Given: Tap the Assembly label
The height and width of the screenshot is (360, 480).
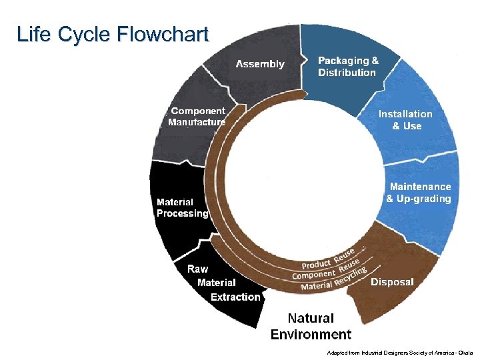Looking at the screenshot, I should [x=260, y=64].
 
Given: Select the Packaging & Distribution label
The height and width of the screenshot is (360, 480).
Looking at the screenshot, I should [x=347, y=66].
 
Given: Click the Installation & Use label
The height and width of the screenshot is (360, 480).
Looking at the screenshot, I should [x=405, y=120].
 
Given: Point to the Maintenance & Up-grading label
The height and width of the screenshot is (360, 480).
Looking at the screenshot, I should [x=419, y=193].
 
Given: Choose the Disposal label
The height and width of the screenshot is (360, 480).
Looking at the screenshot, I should [x=392, y=282].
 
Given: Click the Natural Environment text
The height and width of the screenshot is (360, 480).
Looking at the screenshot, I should [x=311, y=326].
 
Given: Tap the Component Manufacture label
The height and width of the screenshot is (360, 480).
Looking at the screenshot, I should [x=197, y=117].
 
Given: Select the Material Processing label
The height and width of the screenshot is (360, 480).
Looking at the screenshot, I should [x=182, y=207].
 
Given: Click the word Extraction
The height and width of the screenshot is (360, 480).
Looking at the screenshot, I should [x=235, y=297].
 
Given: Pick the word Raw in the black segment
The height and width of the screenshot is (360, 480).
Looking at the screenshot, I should [x=197, y=269].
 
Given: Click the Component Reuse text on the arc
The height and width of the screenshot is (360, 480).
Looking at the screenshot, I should [x=327, y=271].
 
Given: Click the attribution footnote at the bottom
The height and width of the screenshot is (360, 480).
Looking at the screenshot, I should [x=400, y=351].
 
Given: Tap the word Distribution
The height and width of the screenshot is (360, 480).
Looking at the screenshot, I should [x=347, y=72].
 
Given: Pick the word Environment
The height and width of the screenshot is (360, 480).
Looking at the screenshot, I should [x=311, y=334].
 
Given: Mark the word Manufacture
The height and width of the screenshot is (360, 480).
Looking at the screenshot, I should [x=197, y=123].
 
